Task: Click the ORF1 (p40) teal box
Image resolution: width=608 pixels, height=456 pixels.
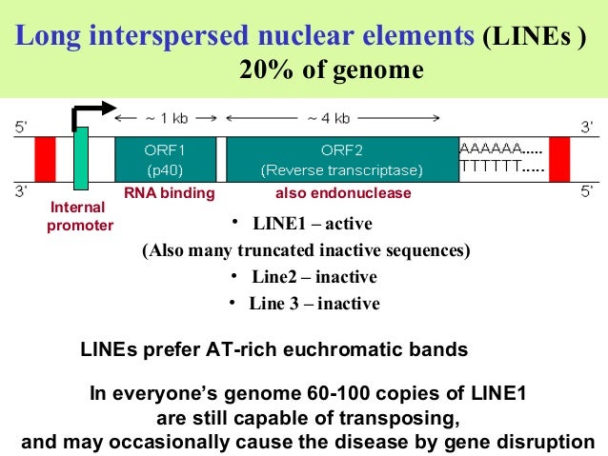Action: pos(165,159)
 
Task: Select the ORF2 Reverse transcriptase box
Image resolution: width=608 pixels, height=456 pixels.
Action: pos(341,159)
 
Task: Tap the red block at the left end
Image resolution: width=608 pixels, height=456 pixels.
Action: pos(46,159)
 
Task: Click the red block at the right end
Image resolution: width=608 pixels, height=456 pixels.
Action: pos(558,159)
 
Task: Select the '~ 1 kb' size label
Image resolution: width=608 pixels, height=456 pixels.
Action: pos(166,118)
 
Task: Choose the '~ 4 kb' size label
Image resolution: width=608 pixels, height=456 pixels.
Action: pos(328,118)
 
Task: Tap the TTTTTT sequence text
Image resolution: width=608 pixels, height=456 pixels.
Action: pos(502,169)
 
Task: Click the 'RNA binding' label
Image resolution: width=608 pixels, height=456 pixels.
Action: pos(170,193)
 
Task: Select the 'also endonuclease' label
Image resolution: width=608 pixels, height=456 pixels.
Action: pos(343,193)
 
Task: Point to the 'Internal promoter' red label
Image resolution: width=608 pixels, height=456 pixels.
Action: pos(80,216)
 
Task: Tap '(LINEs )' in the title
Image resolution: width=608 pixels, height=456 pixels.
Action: pos(534,38)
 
